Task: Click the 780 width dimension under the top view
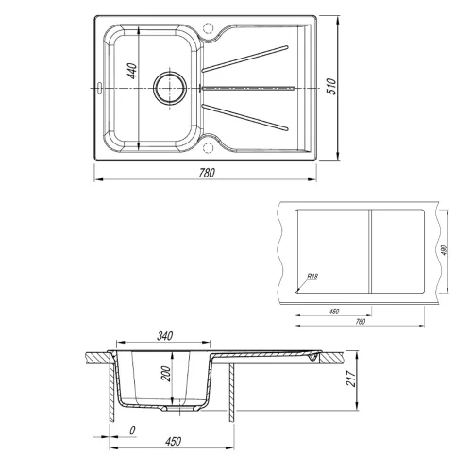tap(206, 173)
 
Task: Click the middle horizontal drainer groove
tap(250, 86)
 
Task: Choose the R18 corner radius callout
tap(312, 278)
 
